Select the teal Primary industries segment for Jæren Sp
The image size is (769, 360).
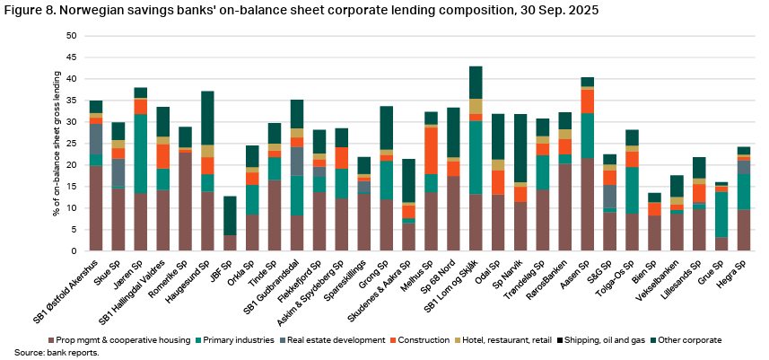142,154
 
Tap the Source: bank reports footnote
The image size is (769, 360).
41,353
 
